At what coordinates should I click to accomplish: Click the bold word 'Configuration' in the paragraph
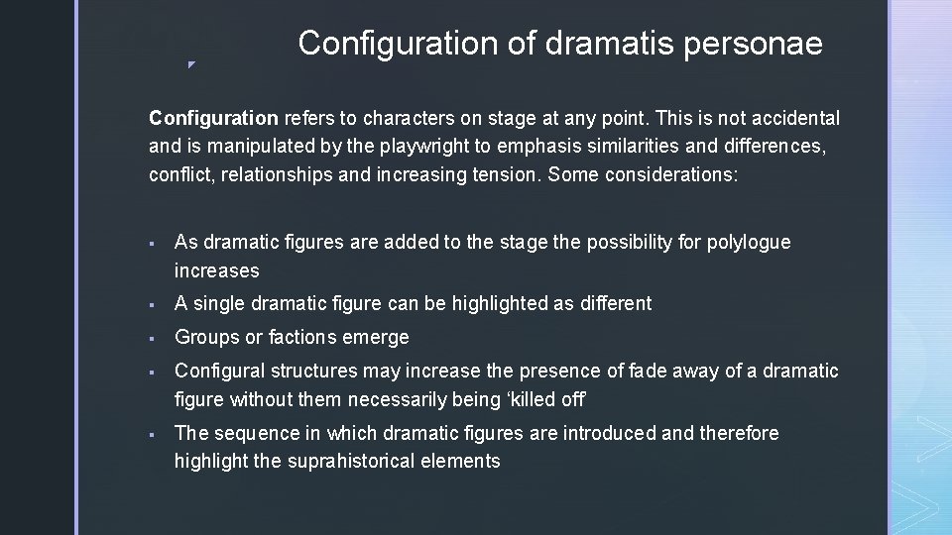click(213, 119)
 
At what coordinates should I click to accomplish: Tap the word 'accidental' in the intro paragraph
click(794, 119)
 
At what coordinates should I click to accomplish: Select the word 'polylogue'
click(749, 242)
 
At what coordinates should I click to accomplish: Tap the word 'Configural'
click(219, 372)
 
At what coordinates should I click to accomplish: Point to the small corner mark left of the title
click(191, 65)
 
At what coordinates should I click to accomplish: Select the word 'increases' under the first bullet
click(216, 270)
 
